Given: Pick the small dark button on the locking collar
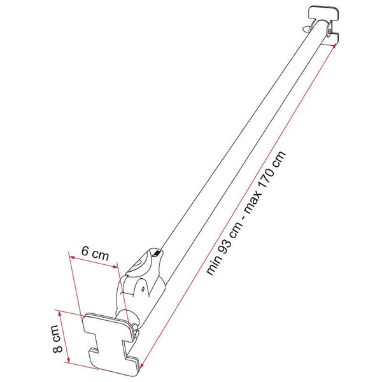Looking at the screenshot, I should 155,255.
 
